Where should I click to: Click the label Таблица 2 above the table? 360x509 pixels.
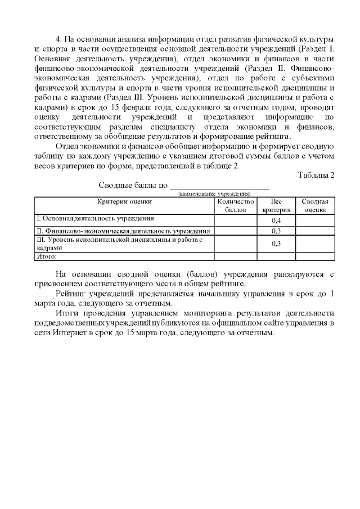[316, 175]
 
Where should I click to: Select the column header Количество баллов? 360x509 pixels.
[236, 205]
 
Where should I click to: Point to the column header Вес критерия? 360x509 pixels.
[276, 205]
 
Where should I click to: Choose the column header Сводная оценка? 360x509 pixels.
[315, 205]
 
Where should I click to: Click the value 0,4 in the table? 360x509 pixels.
[276, 220]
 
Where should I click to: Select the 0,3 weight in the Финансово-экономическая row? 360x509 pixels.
[276, 231]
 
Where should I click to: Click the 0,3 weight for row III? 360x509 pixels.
[276, 244]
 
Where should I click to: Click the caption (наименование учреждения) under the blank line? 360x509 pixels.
[214, 193]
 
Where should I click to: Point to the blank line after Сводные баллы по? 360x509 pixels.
[219, 187]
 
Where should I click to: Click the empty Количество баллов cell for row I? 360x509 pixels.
[236, 220]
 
